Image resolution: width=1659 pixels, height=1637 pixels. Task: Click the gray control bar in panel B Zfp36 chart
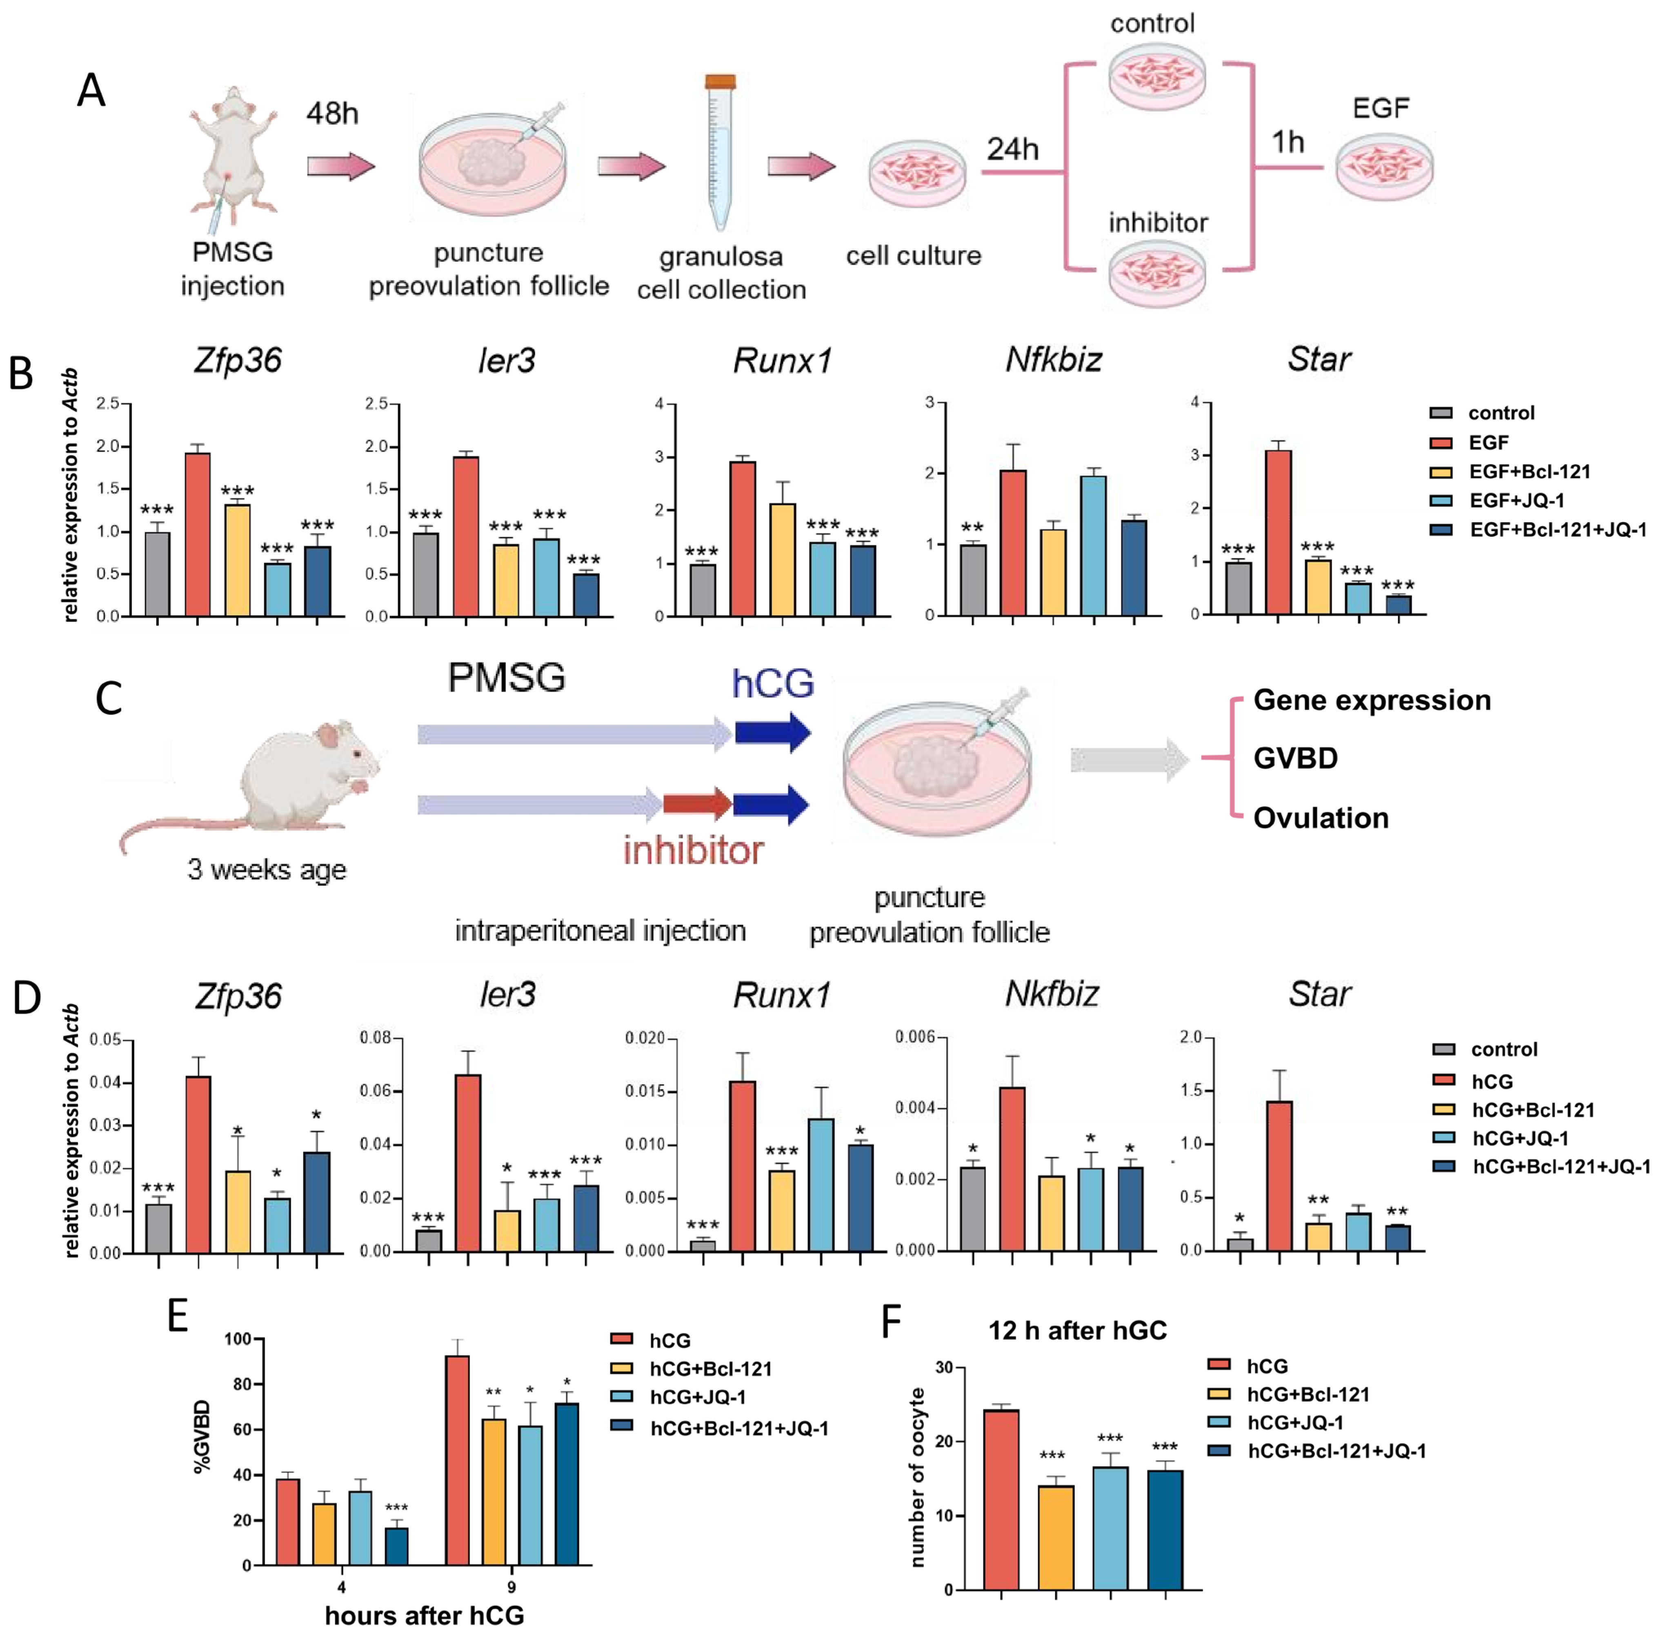157,574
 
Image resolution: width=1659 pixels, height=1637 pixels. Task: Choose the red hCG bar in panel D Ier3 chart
468,1162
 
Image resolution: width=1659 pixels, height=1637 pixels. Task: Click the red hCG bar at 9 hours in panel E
457,1460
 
